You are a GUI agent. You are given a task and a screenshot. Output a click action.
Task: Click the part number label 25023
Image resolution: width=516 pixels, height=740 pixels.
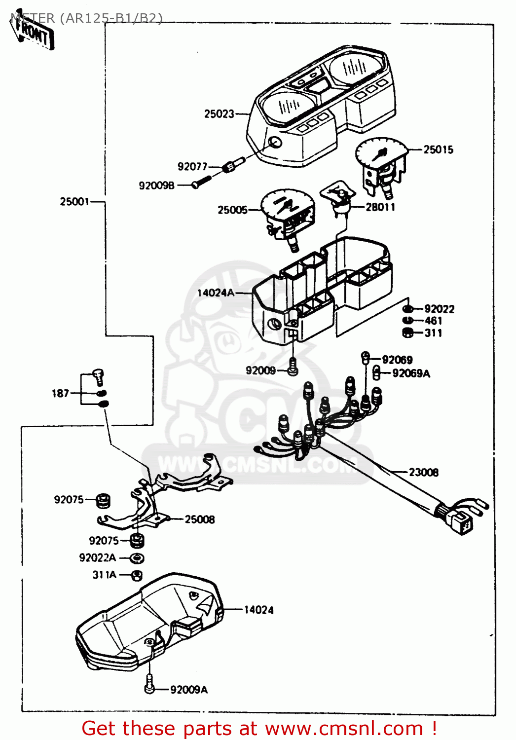219,114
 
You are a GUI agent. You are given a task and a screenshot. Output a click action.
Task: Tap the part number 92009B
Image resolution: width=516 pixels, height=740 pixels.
156,185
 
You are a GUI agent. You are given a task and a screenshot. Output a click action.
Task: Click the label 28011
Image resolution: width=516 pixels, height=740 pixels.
380,207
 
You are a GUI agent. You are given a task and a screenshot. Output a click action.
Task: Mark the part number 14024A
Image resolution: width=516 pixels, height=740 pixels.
216,293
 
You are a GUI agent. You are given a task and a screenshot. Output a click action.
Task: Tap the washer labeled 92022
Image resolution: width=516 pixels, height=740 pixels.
408,309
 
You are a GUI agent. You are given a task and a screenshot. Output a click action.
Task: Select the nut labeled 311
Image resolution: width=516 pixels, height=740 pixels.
408,333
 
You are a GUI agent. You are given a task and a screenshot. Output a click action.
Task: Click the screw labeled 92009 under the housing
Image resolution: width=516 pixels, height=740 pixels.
293,368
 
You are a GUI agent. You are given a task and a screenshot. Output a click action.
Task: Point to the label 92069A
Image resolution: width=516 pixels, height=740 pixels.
411,373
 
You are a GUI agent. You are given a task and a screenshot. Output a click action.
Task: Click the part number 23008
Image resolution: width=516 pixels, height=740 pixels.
423,472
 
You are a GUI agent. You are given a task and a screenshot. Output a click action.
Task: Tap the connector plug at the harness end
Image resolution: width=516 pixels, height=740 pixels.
463,523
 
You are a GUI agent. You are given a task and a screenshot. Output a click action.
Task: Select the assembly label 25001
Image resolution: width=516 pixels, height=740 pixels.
74,201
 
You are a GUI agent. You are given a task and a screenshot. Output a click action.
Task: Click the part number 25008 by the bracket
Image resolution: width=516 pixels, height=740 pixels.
199,519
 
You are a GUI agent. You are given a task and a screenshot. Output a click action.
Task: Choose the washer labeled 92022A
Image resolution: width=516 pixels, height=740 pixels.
137,558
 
